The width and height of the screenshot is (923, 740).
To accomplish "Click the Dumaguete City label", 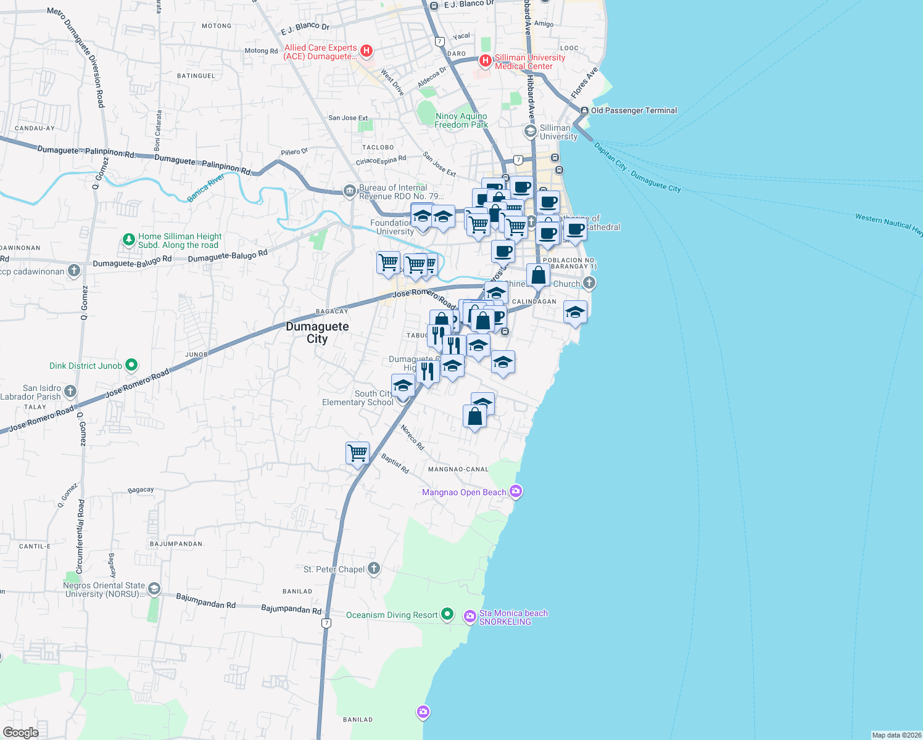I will click(317, 332).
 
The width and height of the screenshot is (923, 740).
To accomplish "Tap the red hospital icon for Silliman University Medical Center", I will click(486, 60).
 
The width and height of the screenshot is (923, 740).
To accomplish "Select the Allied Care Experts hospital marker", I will click(366, 51).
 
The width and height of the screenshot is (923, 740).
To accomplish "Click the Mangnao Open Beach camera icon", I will click(516, 491).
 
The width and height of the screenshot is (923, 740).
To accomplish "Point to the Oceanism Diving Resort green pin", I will click(447, 614).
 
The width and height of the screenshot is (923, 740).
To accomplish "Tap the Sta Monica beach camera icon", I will click(470, 616).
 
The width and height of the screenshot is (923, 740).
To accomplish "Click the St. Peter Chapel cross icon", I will click(374, 569).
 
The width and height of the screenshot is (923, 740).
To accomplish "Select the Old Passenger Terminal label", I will click(634, 111).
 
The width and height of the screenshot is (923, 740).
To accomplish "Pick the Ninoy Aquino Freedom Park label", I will click(461, 120).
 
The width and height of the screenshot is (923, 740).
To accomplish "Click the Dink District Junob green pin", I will click(131, 365).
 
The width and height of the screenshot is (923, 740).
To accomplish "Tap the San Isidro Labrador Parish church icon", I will click(70, 391).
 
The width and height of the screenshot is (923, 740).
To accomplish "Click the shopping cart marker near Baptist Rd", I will click(358, 453).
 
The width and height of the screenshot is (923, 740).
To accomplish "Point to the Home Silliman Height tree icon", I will click(128, 240).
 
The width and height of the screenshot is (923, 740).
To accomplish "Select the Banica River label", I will click(206, 187).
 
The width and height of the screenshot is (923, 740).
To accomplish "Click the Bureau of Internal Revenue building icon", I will click(350, 191).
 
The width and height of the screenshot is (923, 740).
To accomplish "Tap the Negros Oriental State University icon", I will click(154, 589).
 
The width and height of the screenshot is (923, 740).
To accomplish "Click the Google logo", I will click(21, 732).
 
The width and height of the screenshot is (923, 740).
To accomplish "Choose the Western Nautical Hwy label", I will click(888, 224).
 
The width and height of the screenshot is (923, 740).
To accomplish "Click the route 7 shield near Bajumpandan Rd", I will click(326, 623).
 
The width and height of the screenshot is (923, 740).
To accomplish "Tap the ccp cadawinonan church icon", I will click(73, 270).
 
